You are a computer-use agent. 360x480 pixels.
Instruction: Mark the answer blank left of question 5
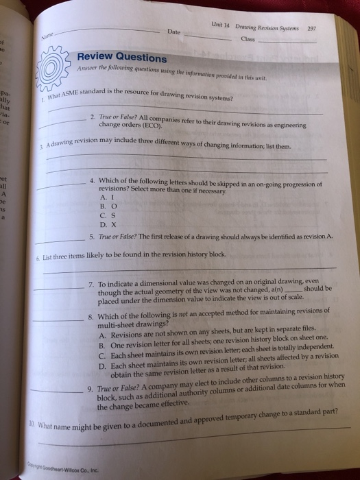click(63, 239)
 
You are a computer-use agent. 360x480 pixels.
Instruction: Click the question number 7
click(91, 283)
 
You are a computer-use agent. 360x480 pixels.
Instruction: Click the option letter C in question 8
click(101, 355)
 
